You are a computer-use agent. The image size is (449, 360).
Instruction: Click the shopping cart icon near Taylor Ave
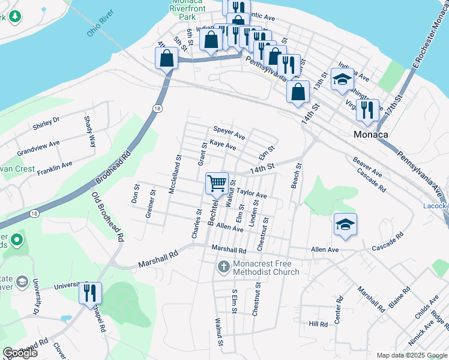pyautogui.click(x=217, y=182)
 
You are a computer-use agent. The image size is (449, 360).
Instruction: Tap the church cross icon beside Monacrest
pyautogui.click(x=224, y=266)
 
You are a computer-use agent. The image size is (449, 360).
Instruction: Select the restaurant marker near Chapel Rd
pyautogui.click(x=90, y=293)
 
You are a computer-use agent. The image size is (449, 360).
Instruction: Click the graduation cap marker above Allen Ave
pyautogui.click(x=345, y=224)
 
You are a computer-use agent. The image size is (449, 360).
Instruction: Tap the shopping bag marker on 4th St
pyautogui.click(x=166, y=59)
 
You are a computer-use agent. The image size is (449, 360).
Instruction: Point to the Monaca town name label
pyautogui.click(x=370, y=134)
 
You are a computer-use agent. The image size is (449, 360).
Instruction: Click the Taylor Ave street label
pyautogui.click(x=252, y=195)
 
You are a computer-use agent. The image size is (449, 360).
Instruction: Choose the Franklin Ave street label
pyautogui.click(x=55, y=167)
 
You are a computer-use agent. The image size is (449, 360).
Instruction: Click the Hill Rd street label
pyautogui.click(x=318, y=324)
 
